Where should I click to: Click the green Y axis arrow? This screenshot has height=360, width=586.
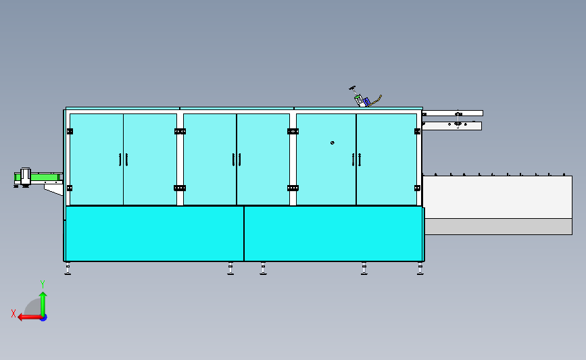43,297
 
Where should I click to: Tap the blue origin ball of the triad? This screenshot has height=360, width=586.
43,317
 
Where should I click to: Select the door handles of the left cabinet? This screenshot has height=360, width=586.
123,159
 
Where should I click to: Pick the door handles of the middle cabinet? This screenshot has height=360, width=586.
237,159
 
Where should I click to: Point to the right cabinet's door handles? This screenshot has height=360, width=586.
356,159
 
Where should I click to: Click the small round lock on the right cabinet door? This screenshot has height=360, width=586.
332,143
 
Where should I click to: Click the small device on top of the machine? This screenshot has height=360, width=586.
363,101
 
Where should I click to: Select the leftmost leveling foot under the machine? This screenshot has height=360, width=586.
68,269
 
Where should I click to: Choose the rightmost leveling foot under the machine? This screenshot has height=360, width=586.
420,269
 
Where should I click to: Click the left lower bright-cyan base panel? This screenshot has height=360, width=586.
154,233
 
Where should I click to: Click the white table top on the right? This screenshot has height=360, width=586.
497,197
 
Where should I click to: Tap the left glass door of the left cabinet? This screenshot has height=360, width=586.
96,159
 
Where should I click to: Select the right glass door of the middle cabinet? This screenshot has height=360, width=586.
263,159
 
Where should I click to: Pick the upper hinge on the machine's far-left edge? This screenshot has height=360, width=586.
69,131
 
